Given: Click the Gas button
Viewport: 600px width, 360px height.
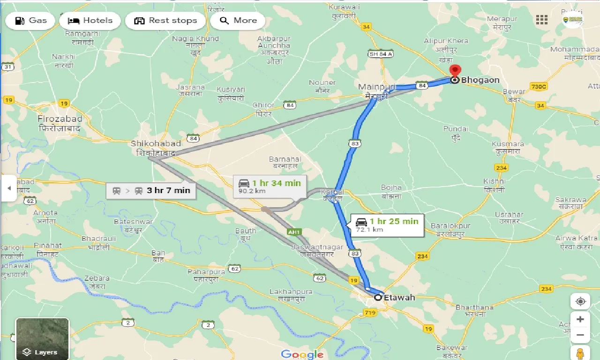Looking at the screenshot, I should pyautogui.click(x=30, y=21).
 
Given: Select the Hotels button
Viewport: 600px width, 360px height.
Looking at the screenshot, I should pyautogui.click(x=90, y=21).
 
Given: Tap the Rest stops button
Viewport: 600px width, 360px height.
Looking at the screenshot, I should pyautogui.click(x=165, y=21).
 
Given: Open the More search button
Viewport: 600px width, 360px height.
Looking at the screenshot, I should pyautogui.click(x=238, y=21).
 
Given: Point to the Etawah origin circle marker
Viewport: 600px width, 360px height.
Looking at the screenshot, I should pyautogui.click(x=378, y=297).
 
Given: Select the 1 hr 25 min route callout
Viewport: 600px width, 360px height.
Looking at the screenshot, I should pyautogui.click(x=387, y=225).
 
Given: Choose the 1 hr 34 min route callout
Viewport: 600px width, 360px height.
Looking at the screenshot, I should pyautogui.click(x=270, y=186).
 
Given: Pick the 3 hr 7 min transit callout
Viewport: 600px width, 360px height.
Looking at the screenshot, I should pyautogui.click(x=151, y=190).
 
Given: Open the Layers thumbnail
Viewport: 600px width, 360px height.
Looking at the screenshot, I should pyautogui.click(x=42, y=338).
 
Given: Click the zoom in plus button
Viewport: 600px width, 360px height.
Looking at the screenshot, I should pyautogui.click(x=580, y=319).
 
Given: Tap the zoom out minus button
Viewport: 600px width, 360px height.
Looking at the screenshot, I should pyautogui.click(x=580, y=335).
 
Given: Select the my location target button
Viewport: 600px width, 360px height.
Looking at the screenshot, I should pyautogui.click(x=580, y=301).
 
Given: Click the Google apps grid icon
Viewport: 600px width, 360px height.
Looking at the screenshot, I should pyautogui.click(x=542, y=20).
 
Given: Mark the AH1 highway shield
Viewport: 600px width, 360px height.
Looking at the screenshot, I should pyautogui.click(x=294, y=232).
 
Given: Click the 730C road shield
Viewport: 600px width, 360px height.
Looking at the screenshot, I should pyautogui.click(x=539, y=87).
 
